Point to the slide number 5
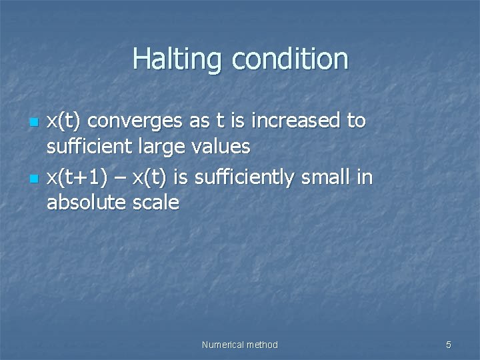coord(448,345)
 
